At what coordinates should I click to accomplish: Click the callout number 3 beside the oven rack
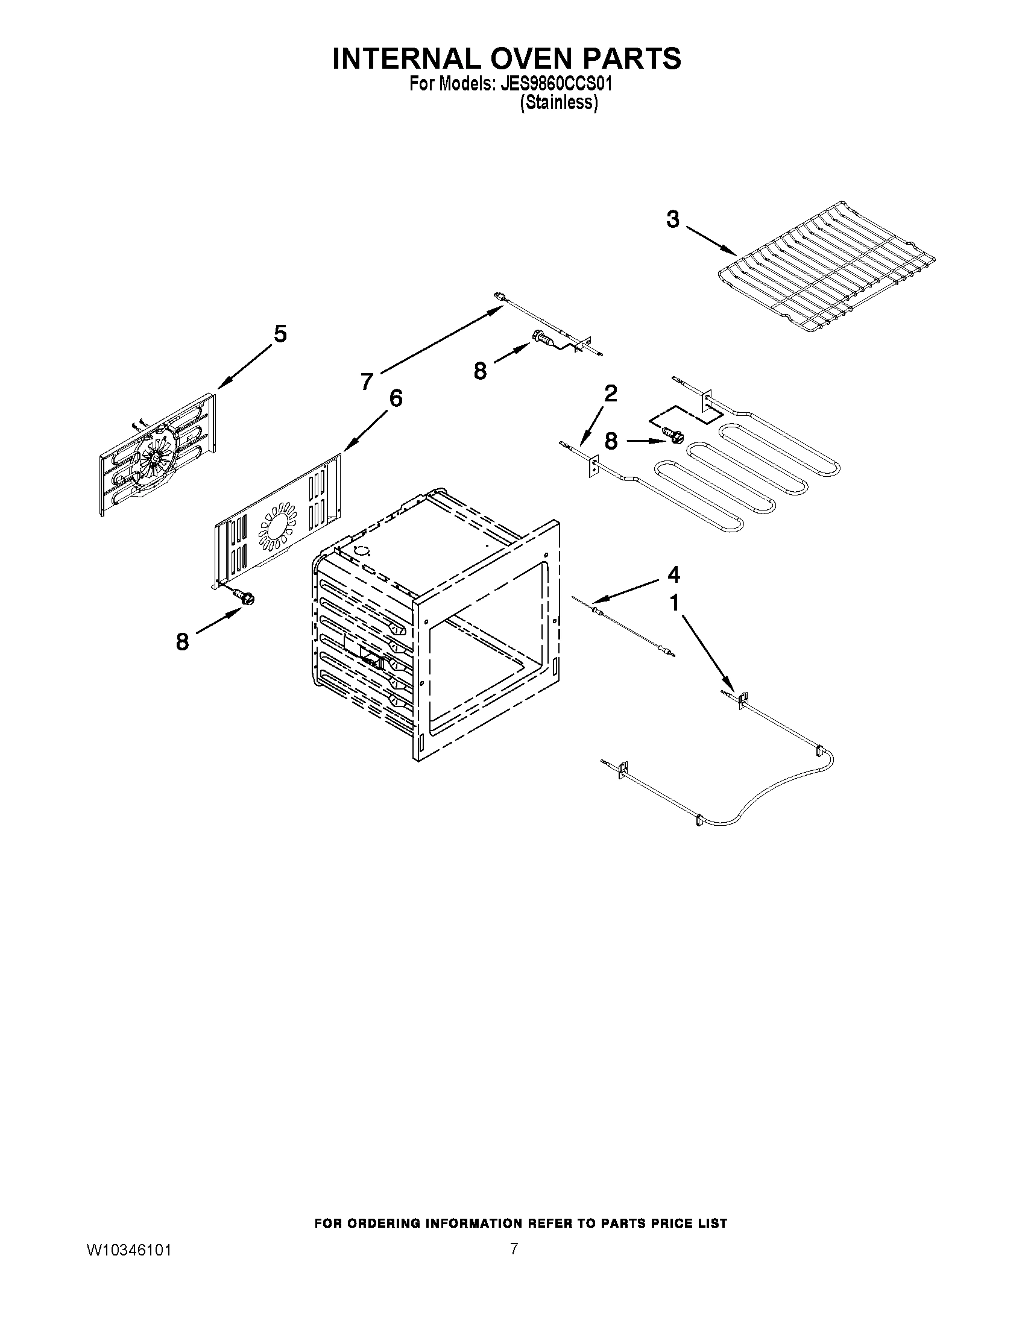tap(673, 220)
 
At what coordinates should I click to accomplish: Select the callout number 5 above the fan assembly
tap(280, 334)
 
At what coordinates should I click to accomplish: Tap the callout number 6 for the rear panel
tap(396, 398)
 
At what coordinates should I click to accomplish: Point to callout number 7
tap(366, 382)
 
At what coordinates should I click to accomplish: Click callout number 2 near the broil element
tap(611, 394)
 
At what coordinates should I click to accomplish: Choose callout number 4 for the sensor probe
tap(673, 574)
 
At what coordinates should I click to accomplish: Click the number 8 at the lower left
tap(182, 642)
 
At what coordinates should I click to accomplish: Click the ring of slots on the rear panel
tap(278, 522)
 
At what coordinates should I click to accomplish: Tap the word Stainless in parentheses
tap(559, 103)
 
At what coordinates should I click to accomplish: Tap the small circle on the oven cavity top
tap(362, 551)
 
